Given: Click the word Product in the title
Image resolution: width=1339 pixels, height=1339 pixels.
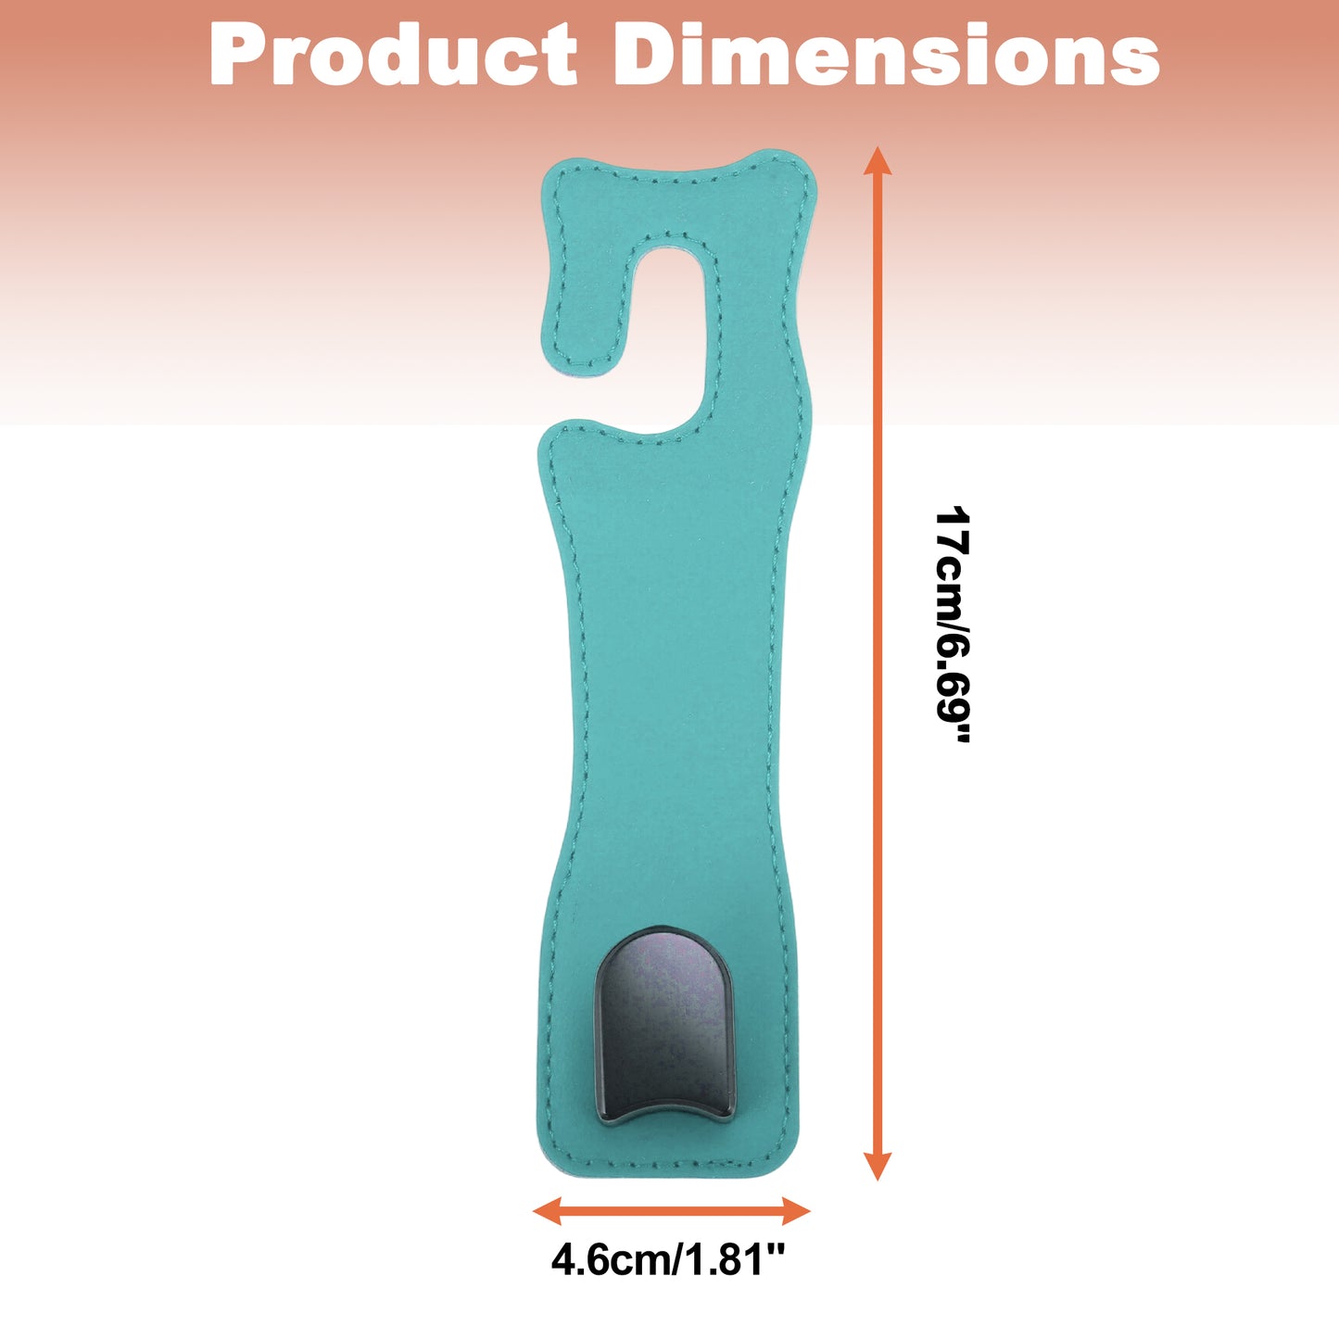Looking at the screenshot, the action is pyautogui.click(x=393, y=55).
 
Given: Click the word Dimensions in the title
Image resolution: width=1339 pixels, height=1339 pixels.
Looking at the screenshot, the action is pyautogui.click(x=886, y=55).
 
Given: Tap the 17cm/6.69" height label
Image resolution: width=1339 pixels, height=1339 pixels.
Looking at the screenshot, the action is pyautogui.click(x=952, y=625).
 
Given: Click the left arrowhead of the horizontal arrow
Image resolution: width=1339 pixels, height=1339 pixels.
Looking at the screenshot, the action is pyautogui.click(x=547, y=1211).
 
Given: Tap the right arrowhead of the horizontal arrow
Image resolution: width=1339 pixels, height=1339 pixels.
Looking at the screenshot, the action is pyautogui.click(x=796, y=1211).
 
